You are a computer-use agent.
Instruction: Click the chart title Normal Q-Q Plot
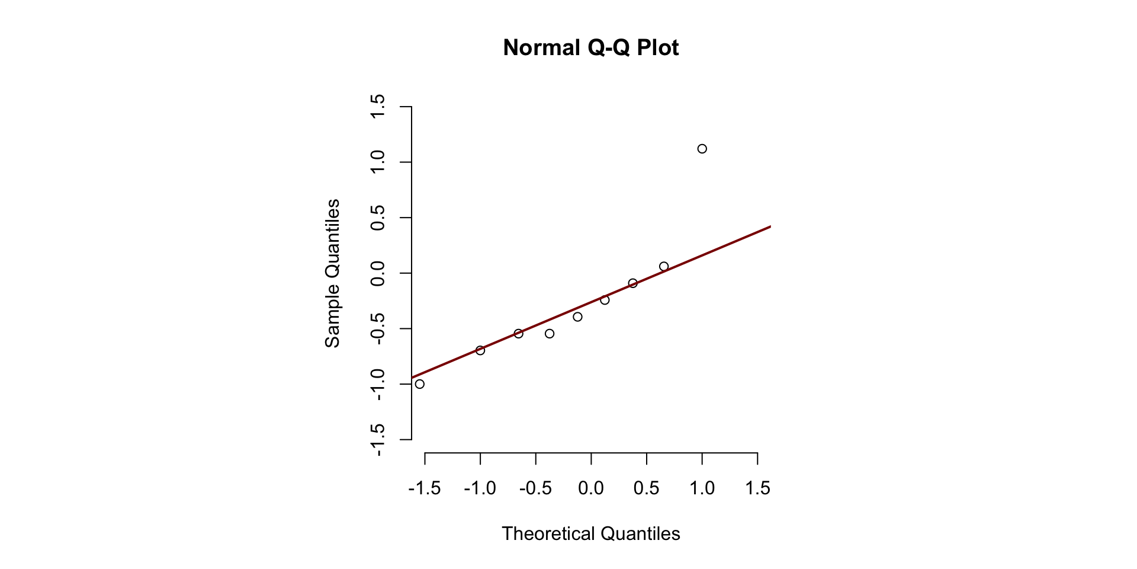(590, 47)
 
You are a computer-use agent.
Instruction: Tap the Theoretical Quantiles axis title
(590, 533)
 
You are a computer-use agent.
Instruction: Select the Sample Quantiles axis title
(332, 273)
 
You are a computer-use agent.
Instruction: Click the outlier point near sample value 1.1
(702, 149)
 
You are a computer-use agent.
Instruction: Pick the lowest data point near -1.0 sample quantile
(420, 384)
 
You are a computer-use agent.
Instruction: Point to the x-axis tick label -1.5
(425, 488)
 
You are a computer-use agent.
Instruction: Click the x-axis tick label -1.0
(480, 488)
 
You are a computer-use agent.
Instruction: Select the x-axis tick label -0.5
(535, 488)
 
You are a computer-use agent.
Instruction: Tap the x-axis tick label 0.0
(591, 488)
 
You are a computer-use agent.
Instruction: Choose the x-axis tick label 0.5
(646, 488)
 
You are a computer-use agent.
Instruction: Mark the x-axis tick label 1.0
(702, 488)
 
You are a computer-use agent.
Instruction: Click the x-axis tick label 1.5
(757, 488)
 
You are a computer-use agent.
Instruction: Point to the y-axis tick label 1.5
(377, 107)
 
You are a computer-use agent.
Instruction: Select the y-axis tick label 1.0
(377, 162)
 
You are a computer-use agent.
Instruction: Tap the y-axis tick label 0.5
(377, 218)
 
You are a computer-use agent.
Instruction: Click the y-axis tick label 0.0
(377, 273)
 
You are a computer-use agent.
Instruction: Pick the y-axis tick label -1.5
(377, 440)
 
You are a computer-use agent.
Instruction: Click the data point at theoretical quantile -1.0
(480, 350)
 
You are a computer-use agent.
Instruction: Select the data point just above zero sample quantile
(664, 267)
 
